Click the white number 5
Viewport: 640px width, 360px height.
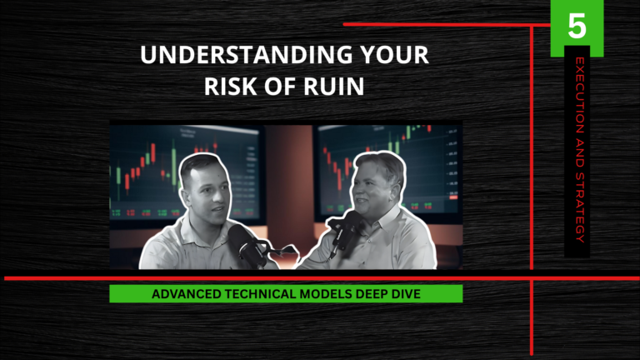[577, 27]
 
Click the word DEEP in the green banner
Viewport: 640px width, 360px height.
[370, 294]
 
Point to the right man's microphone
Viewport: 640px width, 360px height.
[347, 229]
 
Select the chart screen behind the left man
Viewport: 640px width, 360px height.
[150, 167]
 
